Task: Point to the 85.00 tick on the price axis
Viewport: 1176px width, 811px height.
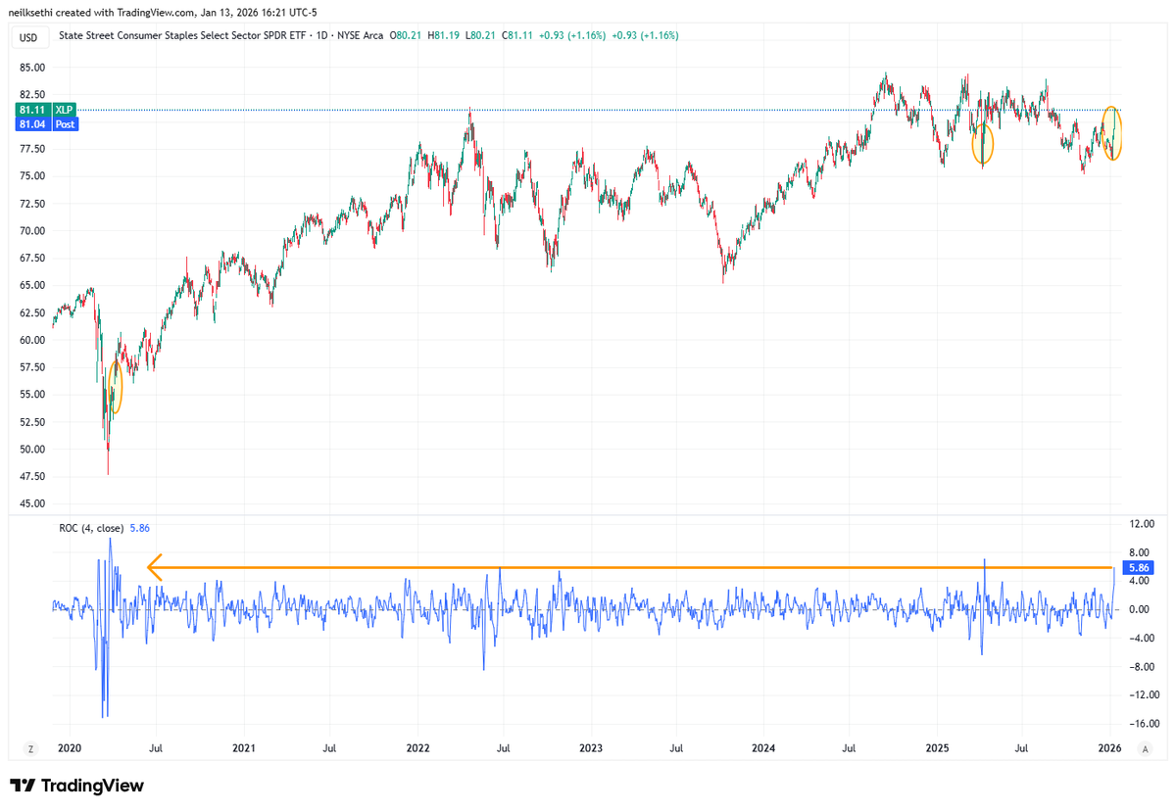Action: [x=31, y=68]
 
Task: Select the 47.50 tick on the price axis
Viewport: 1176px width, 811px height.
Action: [x=31, y=477]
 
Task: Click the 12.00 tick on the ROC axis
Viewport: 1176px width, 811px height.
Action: [x=1138, y=523]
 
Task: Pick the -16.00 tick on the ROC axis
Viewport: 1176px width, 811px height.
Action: [x=1138, y=724]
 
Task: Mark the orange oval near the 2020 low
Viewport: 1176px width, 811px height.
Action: [x=116, y=387]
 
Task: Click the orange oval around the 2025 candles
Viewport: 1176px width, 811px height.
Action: [x=983, y=144]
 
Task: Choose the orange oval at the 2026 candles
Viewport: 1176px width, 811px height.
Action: [x=1112, y=132]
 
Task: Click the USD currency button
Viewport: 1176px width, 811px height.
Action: [x=29, y=37]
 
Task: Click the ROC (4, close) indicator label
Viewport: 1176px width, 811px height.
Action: [x=89, y=528]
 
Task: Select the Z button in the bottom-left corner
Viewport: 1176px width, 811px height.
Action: [x=30, y=749]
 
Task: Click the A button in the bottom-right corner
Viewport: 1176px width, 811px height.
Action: [x=1144, y=749]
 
